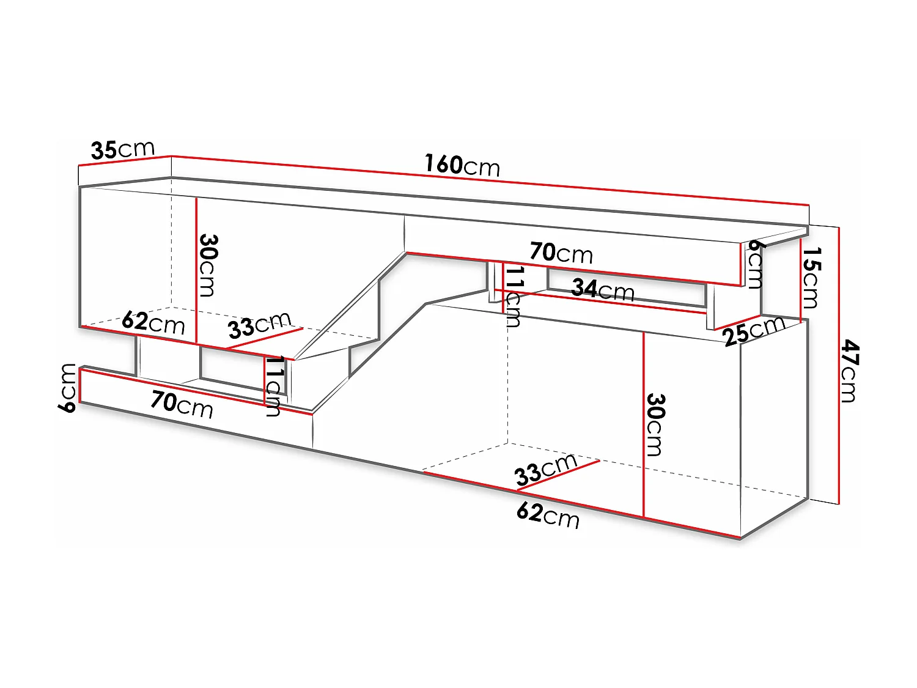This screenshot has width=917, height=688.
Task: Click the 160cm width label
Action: (462, 165)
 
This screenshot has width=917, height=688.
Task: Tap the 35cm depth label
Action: (122, 149)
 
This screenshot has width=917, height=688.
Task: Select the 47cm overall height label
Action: (850, 372)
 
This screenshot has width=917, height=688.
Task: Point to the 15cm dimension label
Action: (811, 278)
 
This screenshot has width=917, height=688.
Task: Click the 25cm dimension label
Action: (754, 331)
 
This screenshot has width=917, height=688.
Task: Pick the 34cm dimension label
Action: (603, 289)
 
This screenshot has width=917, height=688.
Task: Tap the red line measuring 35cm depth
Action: (125, 161)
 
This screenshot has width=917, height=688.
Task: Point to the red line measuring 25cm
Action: (737, 323)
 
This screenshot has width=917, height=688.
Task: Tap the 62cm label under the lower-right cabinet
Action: (548, 514)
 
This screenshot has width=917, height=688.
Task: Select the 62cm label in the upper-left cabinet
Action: (153, 322)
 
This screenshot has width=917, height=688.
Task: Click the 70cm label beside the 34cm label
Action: (561, 253)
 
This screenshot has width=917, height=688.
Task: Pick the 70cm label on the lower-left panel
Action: (182, 404)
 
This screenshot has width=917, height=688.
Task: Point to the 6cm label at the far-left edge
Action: (67, 387)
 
